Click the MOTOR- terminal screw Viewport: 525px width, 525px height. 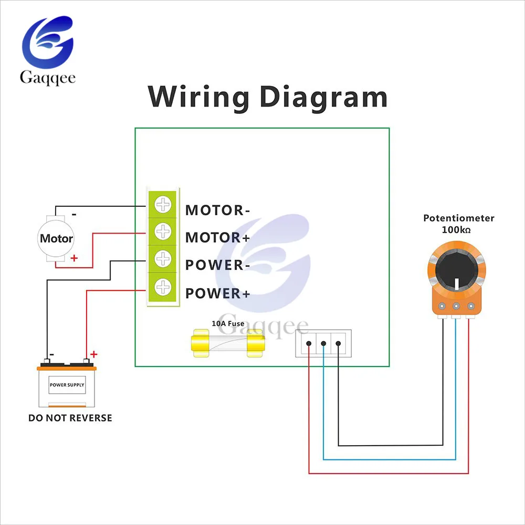click(163, 205)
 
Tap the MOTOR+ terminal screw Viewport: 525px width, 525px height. click(163, 232)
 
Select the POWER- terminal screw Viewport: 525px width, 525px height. click(163, 259)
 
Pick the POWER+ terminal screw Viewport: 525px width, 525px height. click(163, 287)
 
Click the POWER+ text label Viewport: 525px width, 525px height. click(218, 293)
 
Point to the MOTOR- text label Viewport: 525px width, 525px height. click(218, 211)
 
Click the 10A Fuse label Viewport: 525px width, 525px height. click(228, 323)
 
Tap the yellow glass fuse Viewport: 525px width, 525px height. click(228, 343)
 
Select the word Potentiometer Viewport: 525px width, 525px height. click(459, 218)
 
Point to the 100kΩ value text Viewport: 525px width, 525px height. click(456, 230)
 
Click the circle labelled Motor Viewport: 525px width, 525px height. click(56, 238)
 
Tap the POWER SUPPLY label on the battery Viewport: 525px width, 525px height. click(67, 385)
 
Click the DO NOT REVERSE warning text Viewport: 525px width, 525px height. click(70, 418)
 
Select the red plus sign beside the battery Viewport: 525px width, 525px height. click(94, 354)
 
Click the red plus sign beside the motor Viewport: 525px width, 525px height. click(74, 258)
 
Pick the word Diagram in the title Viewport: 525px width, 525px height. click(323, 98)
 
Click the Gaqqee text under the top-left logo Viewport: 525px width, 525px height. click(48, 78)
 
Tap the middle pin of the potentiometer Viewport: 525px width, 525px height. click(456, 306)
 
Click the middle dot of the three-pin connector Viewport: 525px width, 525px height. click(323, 343)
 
